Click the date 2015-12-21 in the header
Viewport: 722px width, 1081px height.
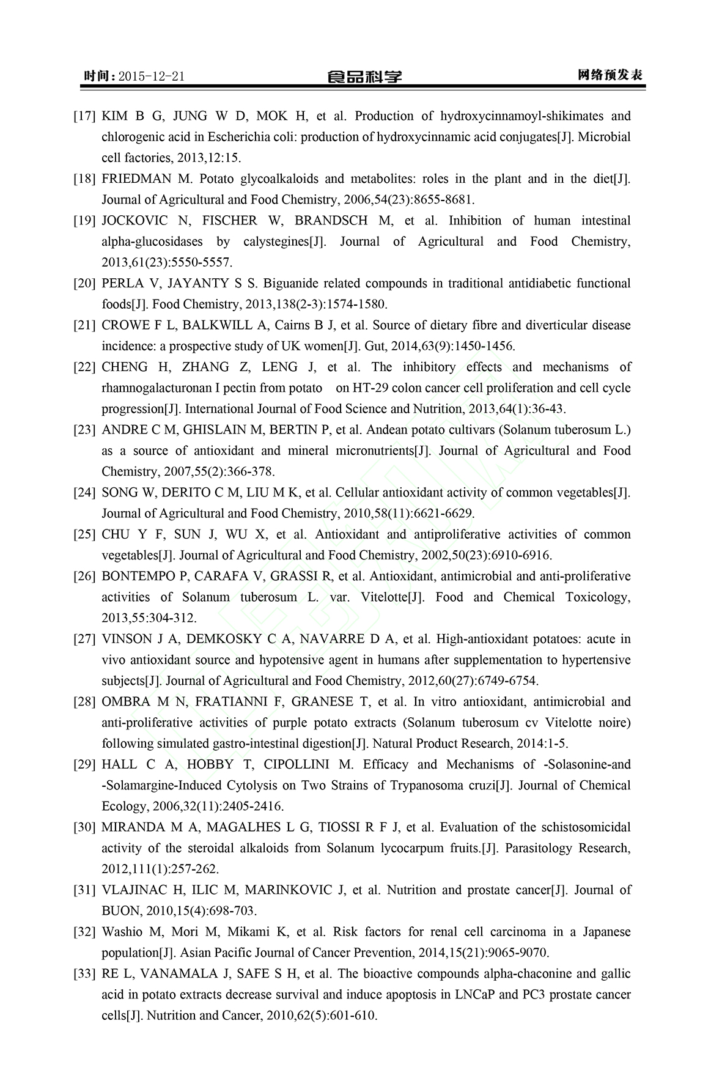pos(152,76)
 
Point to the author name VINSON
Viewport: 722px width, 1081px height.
pos(125,640)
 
